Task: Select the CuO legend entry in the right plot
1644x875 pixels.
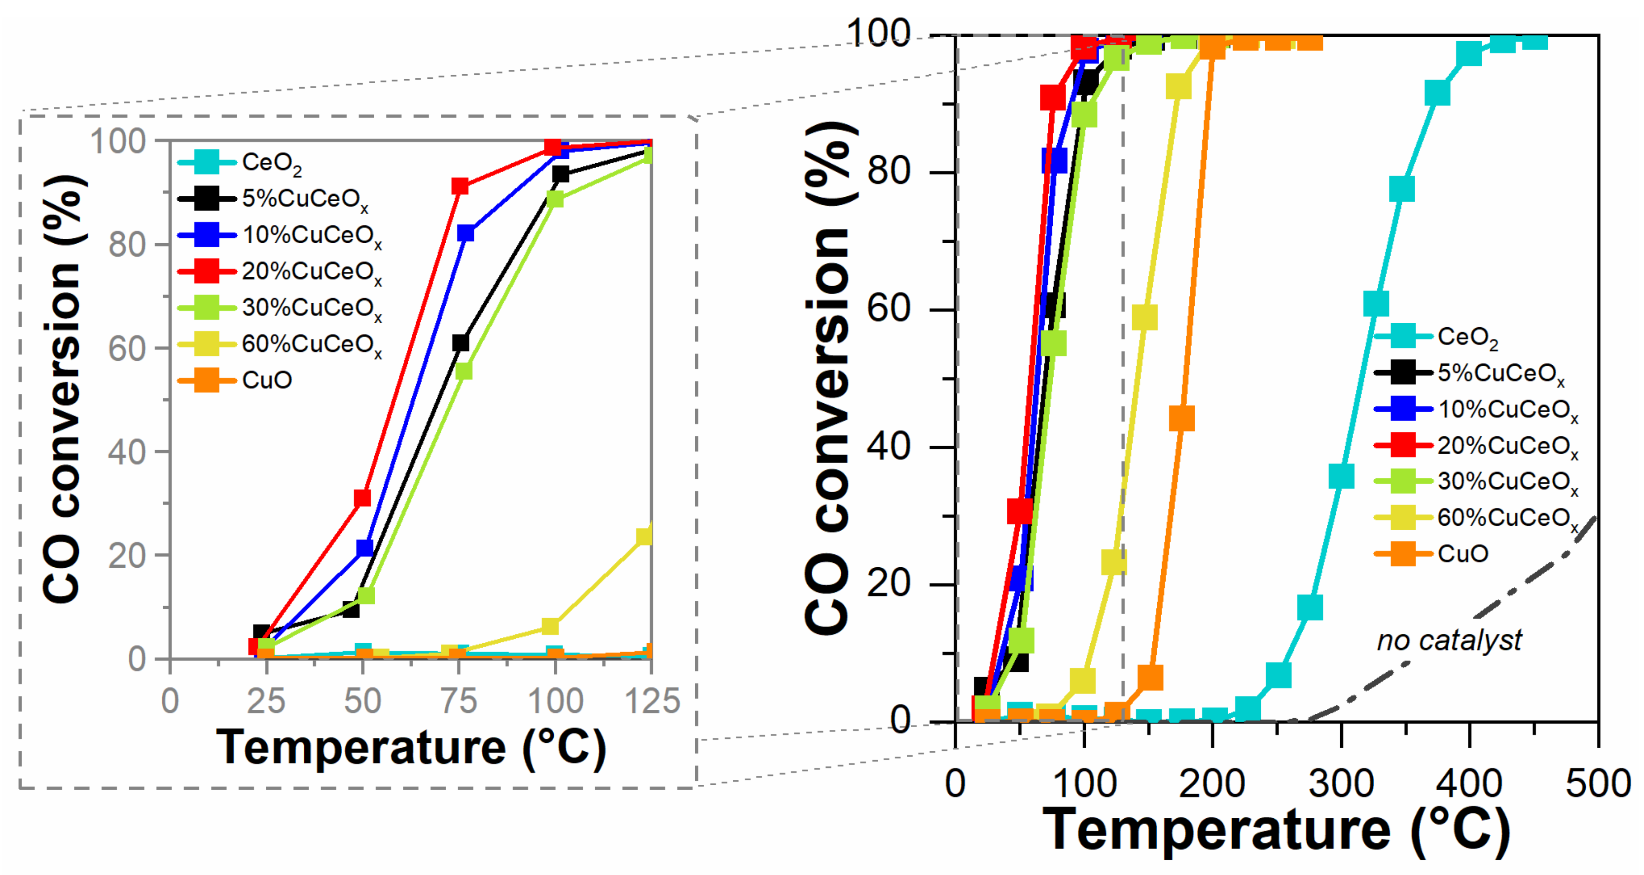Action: coord(1461,553)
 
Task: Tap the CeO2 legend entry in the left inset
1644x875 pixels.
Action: coord(271,162)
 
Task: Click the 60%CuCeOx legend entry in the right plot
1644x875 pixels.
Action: coord(1506,517)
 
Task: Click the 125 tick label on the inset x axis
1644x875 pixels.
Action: coord(652,701)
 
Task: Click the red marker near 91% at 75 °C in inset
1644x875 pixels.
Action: coord(460,187)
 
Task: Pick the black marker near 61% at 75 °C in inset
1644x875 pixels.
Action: coord(460,343)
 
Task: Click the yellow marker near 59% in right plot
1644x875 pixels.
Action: coord(1144,318)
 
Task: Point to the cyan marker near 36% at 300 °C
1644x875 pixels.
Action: coord(1341,476)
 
